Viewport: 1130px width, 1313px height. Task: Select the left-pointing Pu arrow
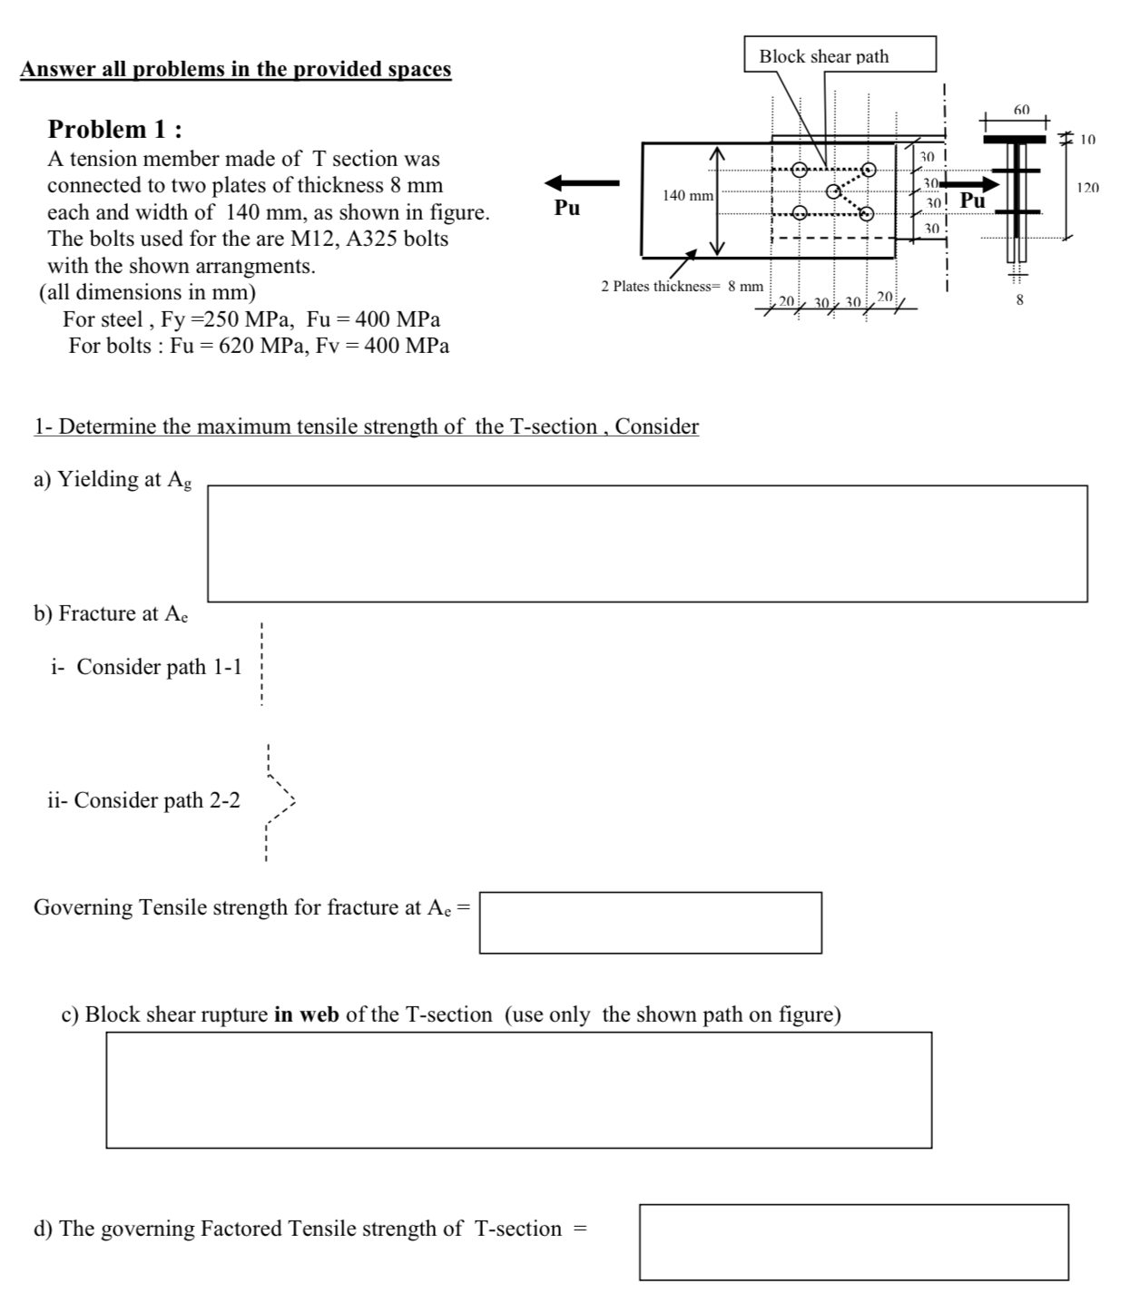click(582, 181)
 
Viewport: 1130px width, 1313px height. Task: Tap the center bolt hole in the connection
click(833, 191)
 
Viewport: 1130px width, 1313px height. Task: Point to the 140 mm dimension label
click(687, 195)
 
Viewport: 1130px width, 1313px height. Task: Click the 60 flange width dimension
click(1021, 110)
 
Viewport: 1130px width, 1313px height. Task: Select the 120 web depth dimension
click(1087, 188)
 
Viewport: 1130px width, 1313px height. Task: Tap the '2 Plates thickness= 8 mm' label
click(682, 286)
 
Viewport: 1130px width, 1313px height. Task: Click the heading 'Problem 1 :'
click(114, 129)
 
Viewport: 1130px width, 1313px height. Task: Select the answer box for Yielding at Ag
click(646, 544)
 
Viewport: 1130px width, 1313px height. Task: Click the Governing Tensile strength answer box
click(650, 923)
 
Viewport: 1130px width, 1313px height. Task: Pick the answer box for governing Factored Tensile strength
click(853, 1242)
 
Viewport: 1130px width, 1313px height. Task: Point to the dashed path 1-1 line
click(261, 665)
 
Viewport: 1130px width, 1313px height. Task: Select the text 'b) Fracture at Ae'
click(111, 613)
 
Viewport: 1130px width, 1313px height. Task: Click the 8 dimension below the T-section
click(1018, 299)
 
